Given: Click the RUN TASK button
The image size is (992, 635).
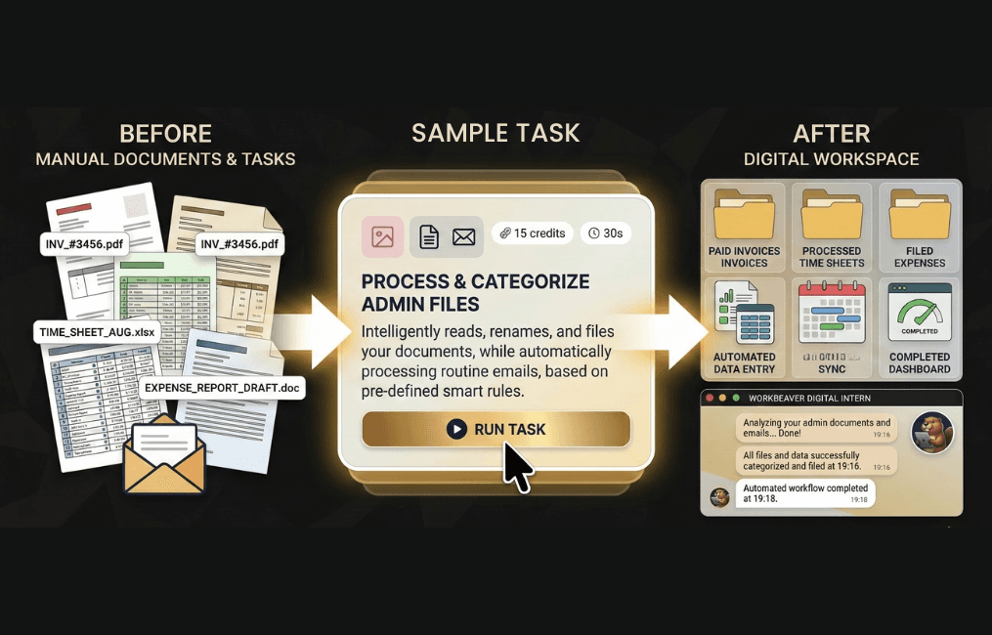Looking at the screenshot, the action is pos(496,429).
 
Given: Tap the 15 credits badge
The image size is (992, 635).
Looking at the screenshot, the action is pos(529,233).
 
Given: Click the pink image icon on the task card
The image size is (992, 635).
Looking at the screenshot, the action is pos(382,236).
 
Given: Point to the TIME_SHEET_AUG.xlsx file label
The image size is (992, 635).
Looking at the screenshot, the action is pos(96,331).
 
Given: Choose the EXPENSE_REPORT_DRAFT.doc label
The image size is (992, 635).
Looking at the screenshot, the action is pos(222,388).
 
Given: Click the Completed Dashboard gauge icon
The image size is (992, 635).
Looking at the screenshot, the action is pos(919,313).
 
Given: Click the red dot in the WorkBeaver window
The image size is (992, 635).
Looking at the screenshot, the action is pos(709,399).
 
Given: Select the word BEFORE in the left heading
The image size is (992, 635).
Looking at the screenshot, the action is pos(165,134).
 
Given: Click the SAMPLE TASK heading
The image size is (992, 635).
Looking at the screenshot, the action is pos(496,134).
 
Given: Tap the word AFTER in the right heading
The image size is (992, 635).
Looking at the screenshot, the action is pos(831,134).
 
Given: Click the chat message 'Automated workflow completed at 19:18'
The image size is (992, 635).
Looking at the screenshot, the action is pos(804,493).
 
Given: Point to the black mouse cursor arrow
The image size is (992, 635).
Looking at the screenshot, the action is pos(517,467).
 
